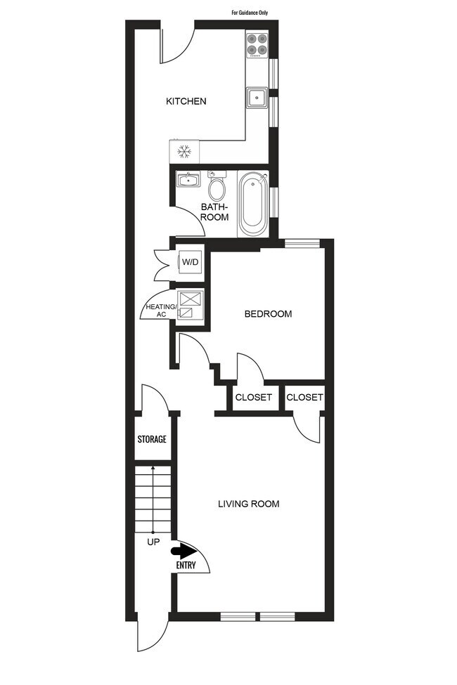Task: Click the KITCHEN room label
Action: [x=186, y=101]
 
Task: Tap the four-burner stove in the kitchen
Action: [x=257, y=44]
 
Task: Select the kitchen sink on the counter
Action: [x=256, y=98]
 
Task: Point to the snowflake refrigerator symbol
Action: [x=185, y=151]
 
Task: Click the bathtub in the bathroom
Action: [x=253, y=204]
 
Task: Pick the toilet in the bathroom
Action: [x=217, y=187]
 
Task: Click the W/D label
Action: [x=191, y=262]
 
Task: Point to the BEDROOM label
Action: [x=268, y=314]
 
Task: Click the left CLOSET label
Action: [x=254, y=398]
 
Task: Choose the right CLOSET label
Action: [x=305, y=398]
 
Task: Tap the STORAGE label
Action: [x=152, y=439]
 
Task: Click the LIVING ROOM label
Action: [x=249, y=504]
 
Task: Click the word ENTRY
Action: [x=187, y=565]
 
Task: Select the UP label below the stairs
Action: [x=153, y=542]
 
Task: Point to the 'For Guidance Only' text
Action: [x=250, y=13]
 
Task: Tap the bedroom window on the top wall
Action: [x=302, y=244]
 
